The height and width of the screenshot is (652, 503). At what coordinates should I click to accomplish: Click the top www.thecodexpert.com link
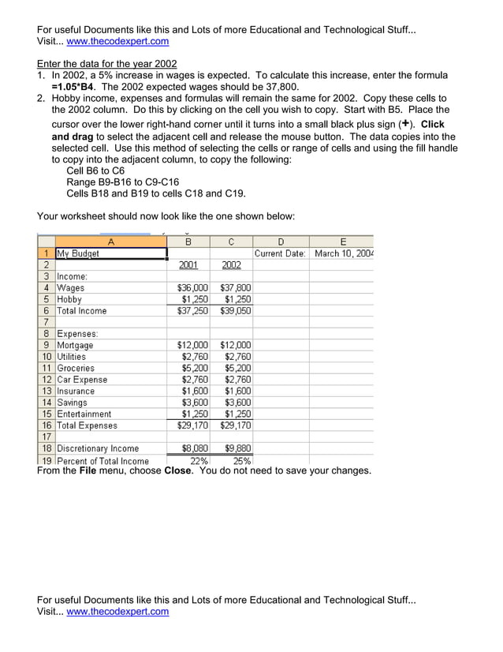[118, 42]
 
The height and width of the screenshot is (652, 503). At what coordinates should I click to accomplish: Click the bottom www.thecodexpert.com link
[118, 612]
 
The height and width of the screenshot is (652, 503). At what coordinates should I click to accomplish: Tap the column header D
[281, 242]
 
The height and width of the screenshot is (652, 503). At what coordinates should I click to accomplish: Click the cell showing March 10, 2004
[344, 254]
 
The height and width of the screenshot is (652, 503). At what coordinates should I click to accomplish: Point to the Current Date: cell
[280, 254]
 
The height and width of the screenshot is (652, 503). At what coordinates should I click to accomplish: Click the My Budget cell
[78, 254]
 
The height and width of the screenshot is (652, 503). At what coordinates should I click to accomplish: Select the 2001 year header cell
[188, 265]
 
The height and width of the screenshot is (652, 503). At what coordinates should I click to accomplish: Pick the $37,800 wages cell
[235, 288]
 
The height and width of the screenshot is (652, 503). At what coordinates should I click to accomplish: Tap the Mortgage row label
[75, 345]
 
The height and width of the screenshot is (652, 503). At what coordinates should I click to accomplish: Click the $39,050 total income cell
[235, 311]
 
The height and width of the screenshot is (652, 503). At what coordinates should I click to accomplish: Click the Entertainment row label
[84, 414]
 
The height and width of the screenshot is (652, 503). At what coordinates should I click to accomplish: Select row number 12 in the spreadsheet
[47, 380]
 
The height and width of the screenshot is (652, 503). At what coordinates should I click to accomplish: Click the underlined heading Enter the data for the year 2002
[107, 64]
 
